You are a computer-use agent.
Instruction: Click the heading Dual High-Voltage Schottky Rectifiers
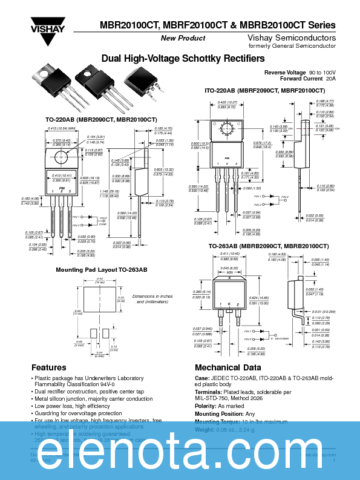183,59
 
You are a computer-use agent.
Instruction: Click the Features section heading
49,367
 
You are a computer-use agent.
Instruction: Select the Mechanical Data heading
228,367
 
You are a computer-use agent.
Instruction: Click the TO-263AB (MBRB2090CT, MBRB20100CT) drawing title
268,246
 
